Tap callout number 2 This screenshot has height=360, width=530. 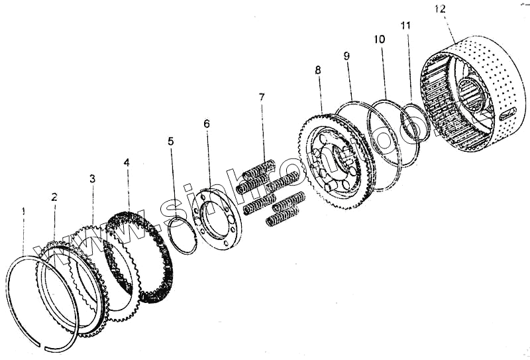(54, 197)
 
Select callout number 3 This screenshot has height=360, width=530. (92, 179)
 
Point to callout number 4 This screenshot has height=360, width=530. (127, 162)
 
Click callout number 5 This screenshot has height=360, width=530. (171, 141)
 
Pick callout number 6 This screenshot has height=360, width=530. (207, 123)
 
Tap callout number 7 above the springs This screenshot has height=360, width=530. (262, 97)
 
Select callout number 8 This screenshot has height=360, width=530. (318, 69)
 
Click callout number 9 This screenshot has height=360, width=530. (346, 56)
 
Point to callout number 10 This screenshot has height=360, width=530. (379, 40)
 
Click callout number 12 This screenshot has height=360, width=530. (441, 9)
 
